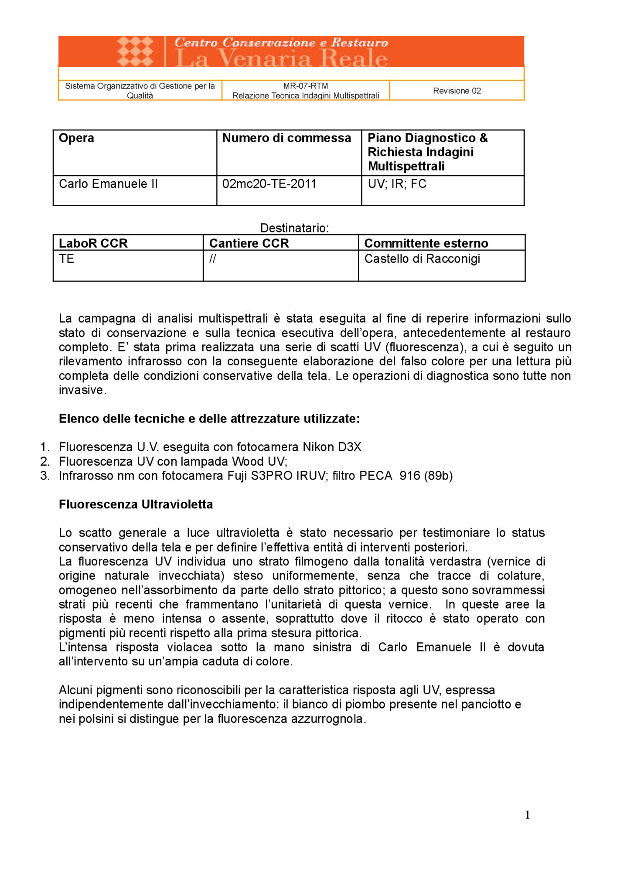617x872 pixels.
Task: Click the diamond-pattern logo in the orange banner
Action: [x=135, y=51]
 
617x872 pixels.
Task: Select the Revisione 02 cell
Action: [x=457, y=91]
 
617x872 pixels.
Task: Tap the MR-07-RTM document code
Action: [x=305, y=86]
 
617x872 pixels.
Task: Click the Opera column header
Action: [x=76, y=138]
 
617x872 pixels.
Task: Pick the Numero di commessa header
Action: [x=286, y=138]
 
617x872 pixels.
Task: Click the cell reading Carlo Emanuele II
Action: [x=108, y=184]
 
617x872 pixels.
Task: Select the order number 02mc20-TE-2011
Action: [x=269, y=184]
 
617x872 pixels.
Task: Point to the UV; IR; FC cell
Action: [x=397, y=184]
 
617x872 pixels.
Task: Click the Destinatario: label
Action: [x=294, y=228]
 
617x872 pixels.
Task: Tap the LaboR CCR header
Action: [x=93, y=243]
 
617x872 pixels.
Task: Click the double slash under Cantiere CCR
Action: [x=212, y=259]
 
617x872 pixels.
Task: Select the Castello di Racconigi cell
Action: [x=422, y=259]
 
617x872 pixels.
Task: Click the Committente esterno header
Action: [x=426, y=243]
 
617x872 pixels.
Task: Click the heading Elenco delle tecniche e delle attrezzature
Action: [x=209, y=419]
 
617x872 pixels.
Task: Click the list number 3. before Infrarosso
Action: [x=45, y=476]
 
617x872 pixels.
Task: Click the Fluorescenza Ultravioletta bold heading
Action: [x=136, y=504]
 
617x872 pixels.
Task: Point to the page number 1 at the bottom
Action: [x=527, y=815]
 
